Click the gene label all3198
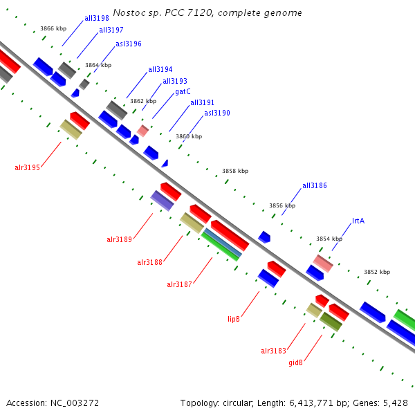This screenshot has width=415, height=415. (x=96, y=18)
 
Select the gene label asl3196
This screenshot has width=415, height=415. (x=129, y=44)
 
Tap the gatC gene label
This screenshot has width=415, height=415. (x=183, y=91)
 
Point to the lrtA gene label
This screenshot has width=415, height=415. (x=358, y=221)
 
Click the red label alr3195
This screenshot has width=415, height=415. (x=27, y=167)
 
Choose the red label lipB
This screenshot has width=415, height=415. (x=234, y=319)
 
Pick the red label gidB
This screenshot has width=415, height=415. (x=295, y=362)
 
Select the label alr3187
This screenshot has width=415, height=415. (x=179, y=284)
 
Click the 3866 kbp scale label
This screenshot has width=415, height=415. (x=53, y=28)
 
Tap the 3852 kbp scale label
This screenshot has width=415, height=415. (x=377, y=272)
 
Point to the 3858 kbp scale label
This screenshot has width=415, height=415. (x=235, y=171)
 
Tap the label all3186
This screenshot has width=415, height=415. (x=315, y=186)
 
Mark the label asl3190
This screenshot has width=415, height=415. (x=217, y=113)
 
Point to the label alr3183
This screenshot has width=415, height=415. (x=273, y=351)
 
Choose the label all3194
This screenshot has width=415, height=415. (x=160, y=69)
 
